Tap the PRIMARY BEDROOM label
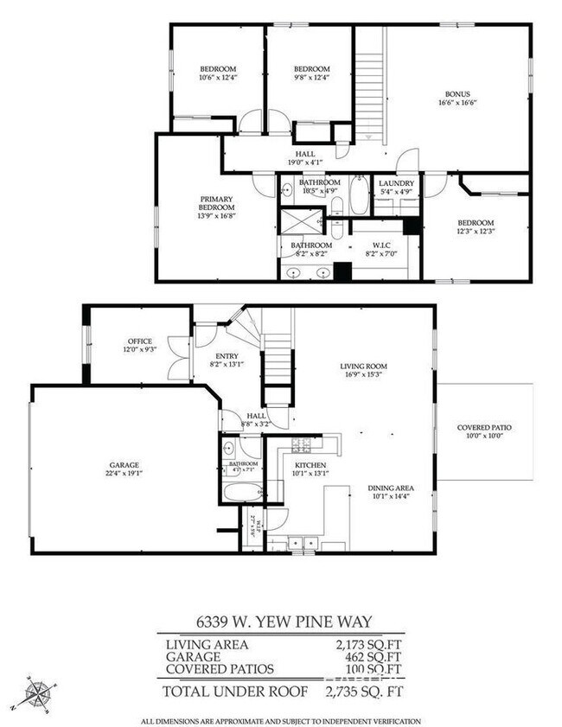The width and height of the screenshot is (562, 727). pyautogui.click(x=217, y=202)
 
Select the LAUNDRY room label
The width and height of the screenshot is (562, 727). pyautogui.click(x=397, y=183)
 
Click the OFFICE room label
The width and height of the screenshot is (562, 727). pyautogui.click(x=139, y=341)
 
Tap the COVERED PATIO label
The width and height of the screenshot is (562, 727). pyautogui.click(x=483, y=427)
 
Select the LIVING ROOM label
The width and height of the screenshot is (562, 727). pyautogui.click(x=363, y=367)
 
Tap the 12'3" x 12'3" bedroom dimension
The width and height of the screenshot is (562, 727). pyautogui.click(x=476, y=231)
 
